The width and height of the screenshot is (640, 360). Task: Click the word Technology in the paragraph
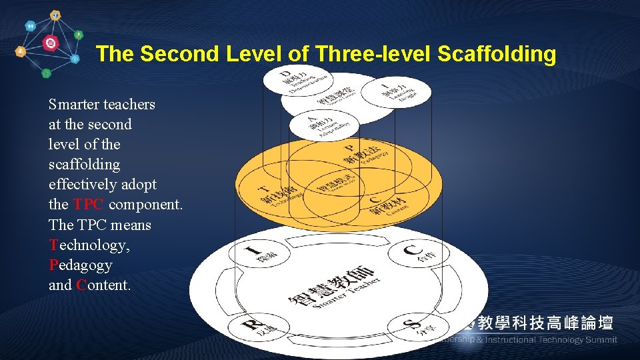89,245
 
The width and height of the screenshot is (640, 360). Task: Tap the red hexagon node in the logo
50,43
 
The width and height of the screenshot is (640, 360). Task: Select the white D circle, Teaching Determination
297,81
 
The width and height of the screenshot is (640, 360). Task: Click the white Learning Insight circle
405,93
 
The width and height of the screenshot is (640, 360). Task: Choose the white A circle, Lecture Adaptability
325,125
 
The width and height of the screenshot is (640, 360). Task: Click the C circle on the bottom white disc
418,252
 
